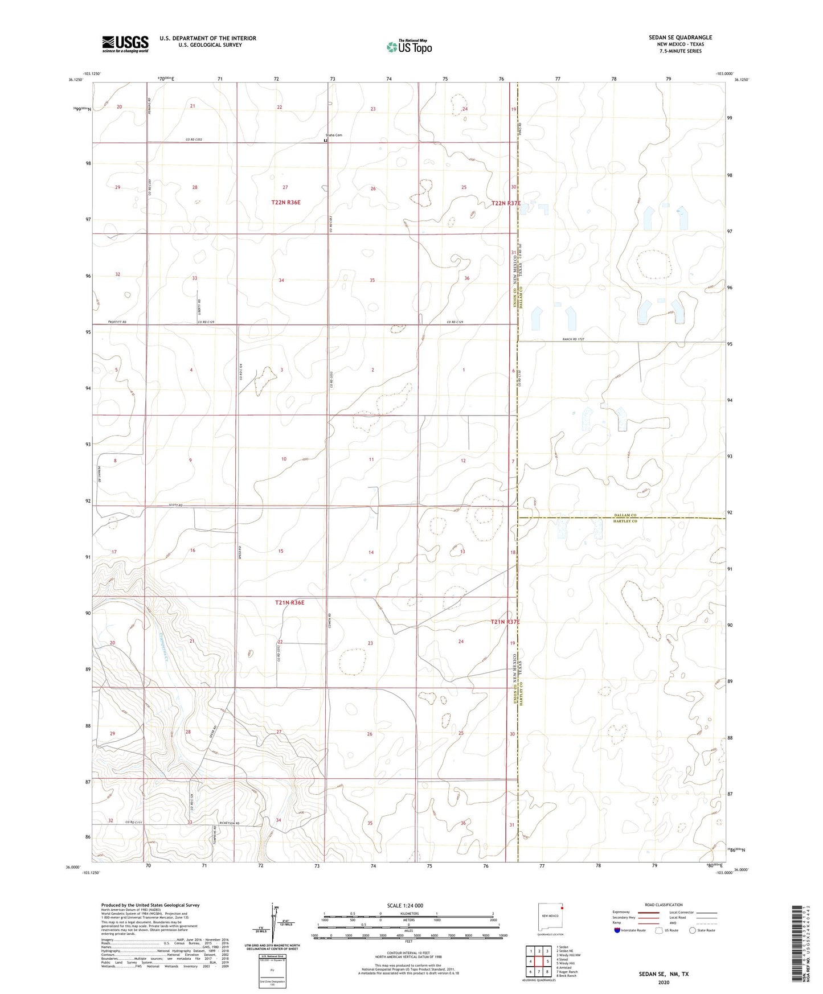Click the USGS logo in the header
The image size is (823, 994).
[x=125, y=44]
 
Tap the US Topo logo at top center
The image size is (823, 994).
[x=409, y=47]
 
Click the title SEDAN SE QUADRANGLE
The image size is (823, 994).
[x=680, y=38]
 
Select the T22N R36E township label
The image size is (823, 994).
[x=286, y=202]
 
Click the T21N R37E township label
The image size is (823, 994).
[x=505, y=622]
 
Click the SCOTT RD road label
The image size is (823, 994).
[x=175, y=505]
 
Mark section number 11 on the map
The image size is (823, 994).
[x=371, y=459]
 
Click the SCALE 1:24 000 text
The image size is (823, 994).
[x=405, y=905]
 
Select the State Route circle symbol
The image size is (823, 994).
[x=693, y=930]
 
